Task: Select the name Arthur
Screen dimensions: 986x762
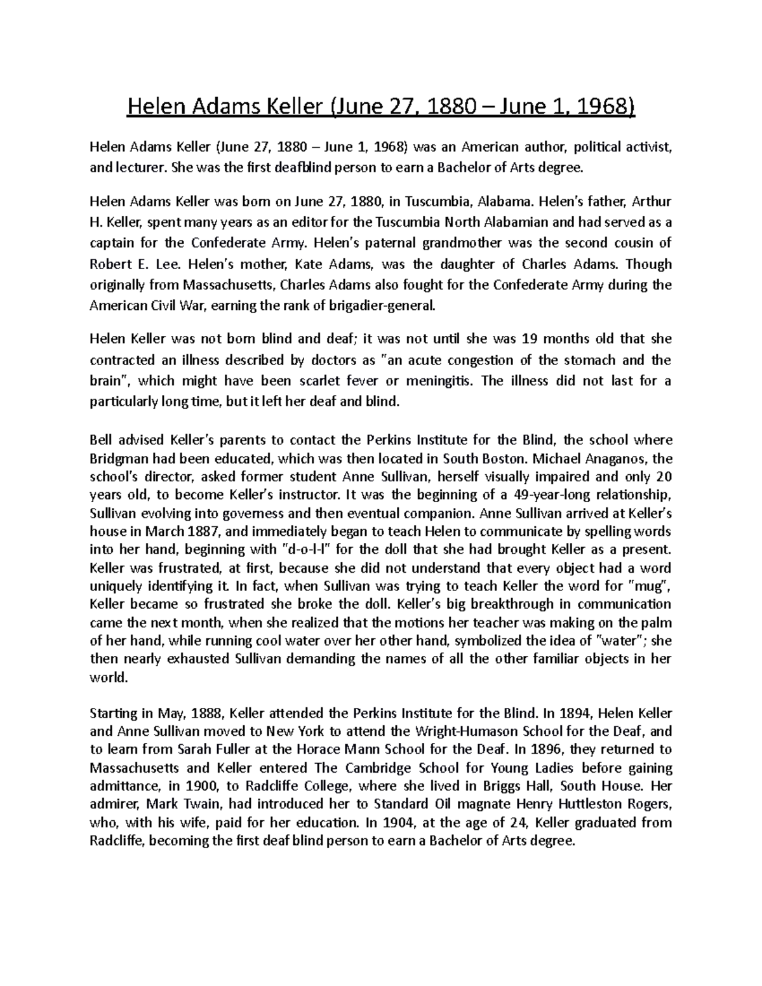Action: click(650, 202)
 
